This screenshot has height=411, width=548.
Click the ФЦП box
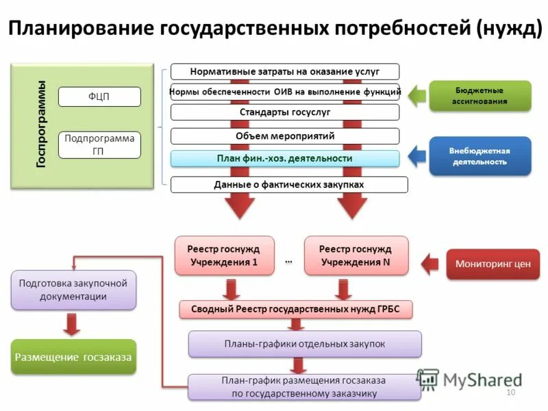[99, 97]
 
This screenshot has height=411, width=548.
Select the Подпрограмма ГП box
[99, 145]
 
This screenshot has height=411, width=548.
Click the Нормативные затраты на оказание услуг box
[284, 71]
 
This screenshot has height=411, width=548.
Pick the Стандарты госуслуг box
[284, 112]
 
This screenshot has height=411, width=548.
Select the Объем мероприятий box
[284, 136]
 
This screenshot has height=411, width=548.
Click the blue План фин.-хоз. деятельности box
[284, 158]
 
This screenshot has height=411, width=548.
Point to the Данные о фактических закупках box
[288, 184]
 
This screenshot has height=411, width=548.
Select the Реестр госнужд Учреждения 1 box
[224, 256]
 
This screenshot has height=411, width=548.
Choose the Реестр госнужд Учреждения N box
[356, 256]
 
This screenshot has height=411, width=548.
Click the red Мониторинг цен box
[493, 264]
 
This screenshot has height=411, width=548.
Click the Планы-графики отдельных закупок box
[305, 343]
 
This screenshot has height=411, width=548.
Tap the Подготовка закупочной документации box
[73, 289]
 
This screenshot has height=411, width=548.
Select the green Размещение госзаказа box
[73, 357]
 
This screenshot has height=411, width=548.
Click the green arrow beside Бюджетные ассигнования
[415, 95]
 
